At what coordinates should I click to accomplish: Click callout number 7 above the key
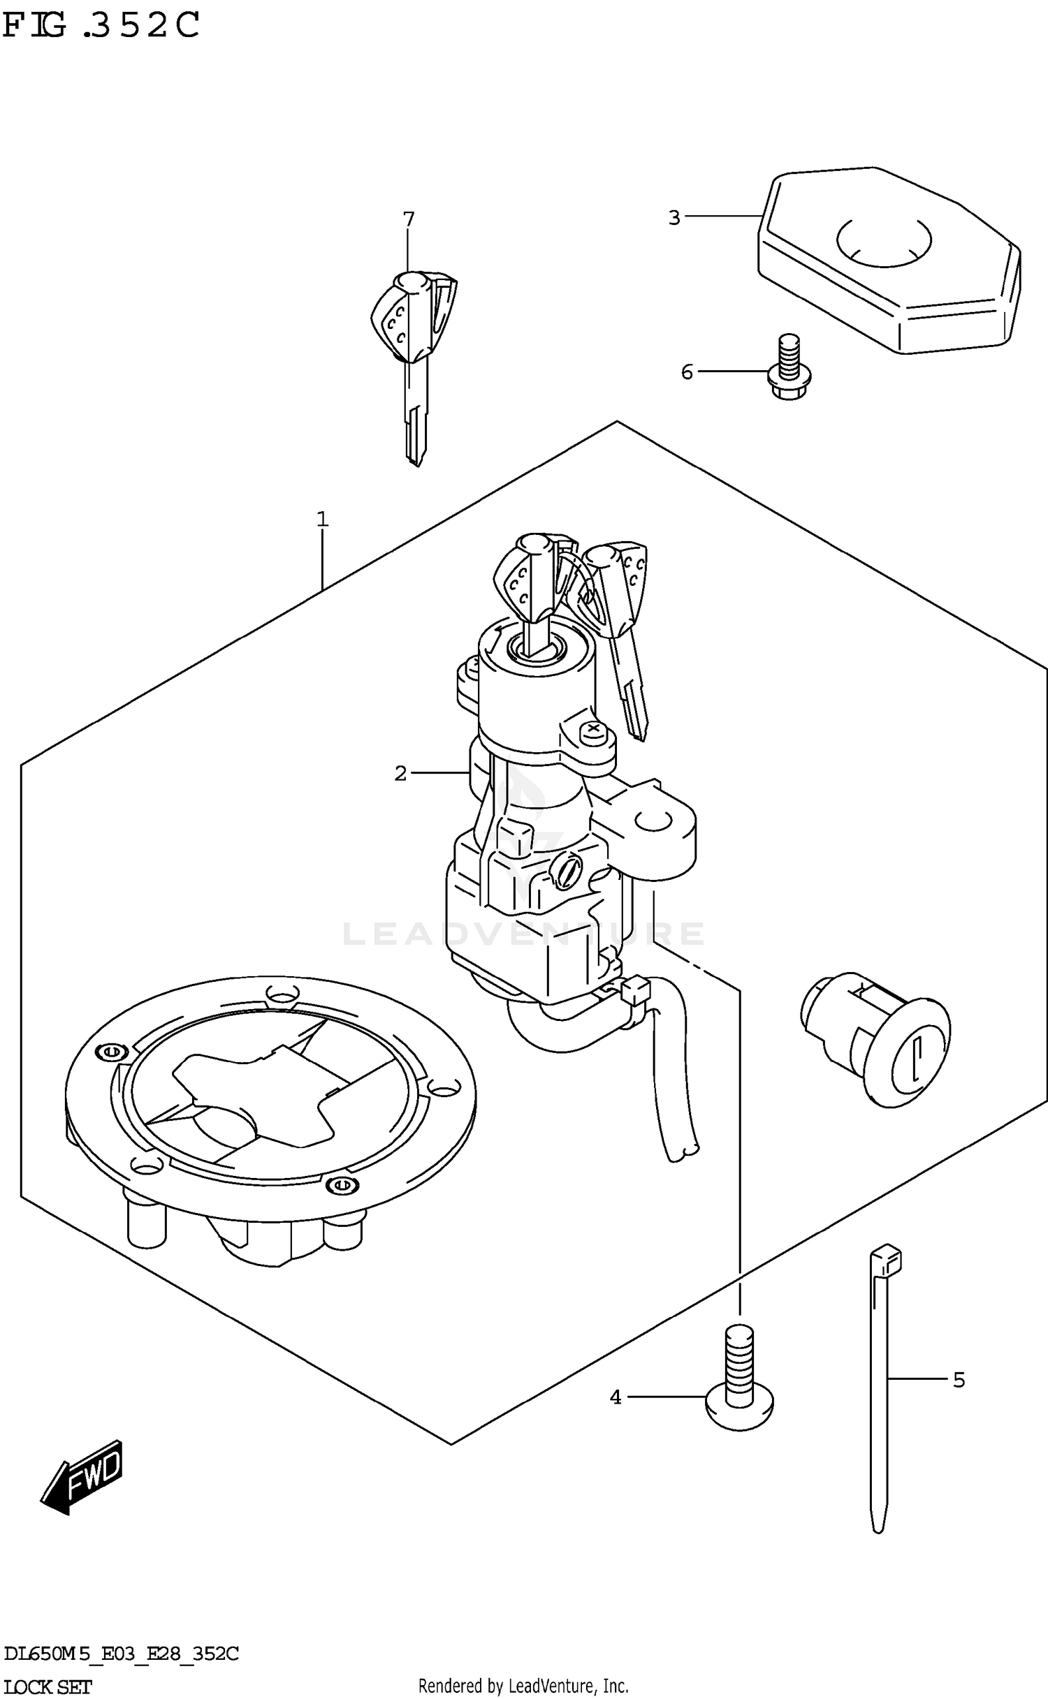(409, 219)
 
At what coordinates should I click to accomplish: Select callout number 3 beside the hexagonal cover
(674, 218)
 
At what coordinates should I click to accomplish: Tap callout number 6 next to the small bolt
(687, 372)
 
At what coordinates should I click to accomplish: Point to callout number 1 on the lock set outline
(322, 519)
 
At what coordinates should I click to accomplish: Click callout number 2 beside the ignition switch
(400, 773)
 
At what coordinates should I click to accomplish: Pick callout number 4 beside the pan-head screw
(616, 1397)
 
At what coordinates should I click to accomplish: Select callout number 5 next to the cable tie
(959, 1380)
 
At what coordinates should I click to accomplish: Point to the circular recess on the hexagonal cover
(884, 241)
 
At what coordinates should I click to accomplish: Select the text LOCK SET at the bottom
(48, 1687)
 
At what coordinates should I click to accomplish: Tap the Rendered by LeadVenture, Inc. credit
(523, 1685)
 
